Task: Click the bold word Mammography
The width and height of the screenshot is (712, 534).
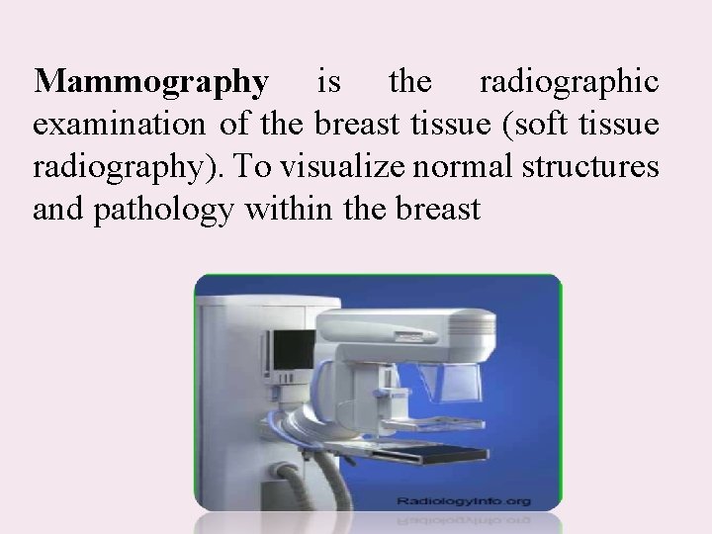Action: click(150, 84)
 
